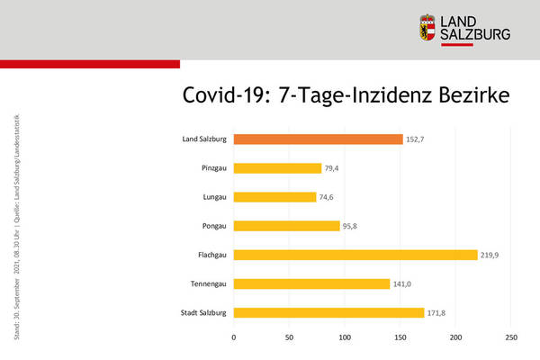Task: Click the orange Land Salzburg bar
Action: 318,139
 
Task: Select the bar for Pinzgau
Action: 277,168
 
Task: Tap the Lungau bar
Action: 274,197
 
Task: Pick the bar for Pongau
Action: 286,226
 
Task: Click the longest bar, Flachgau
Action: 355,255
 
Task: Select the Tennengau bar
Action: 311,283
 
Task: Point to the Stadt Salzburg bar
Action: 328,312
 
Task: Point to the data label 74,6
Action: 329,197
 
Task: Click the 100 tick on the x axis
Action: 345,337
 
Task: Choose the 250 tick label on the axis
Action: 511,337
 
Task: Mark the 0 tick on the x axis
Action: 234,337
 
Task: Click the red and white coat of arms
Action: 428,28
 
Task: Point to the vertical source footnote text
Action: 19,225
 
